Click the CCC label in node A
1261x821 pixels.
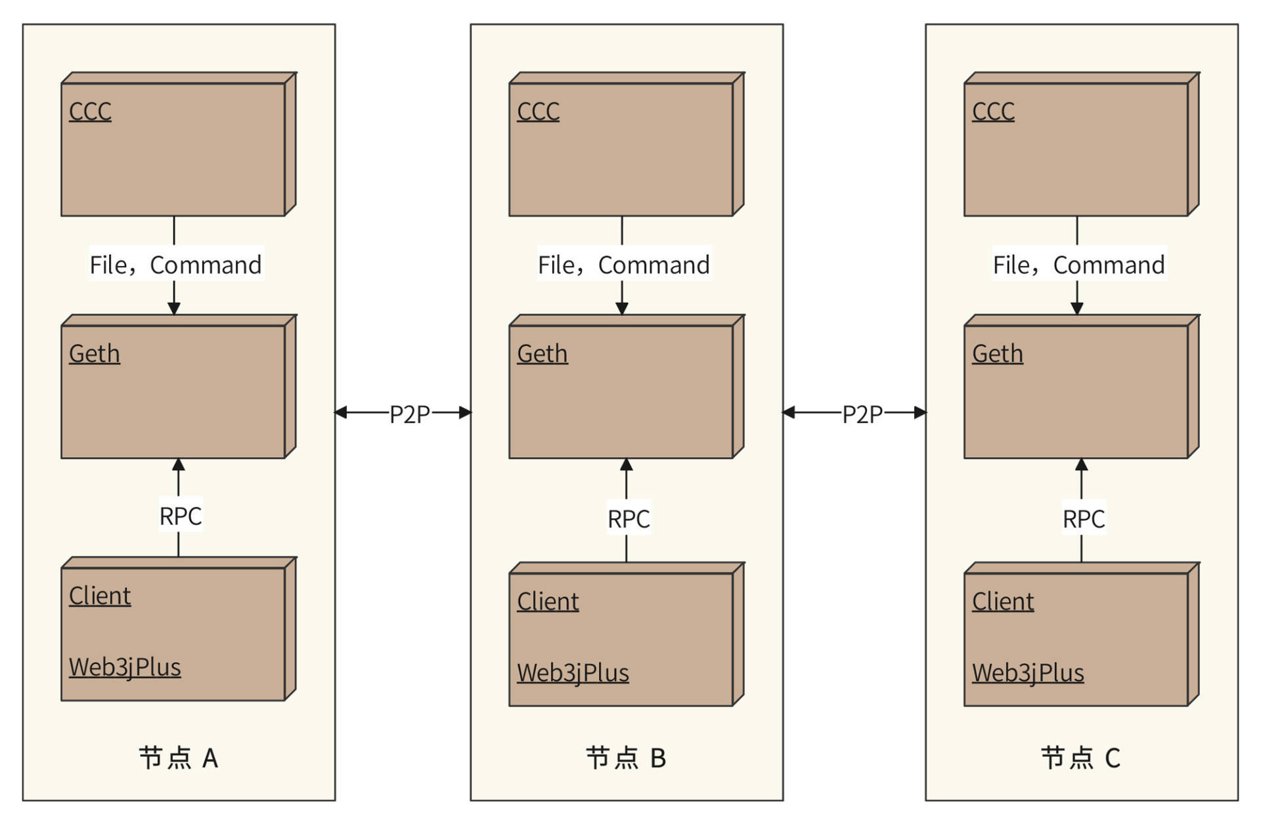pyautogui.click(x=90, y=111)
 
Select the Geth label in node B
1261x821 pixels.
pyautogui.click(x=542, y=353)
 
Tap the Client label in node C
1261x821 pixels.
pyautogui.click(x=1002, y=601)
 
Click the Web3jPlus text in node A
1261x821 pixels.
pyautogui.click(x=125, y=667)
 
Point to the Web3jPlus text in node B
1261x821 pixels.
pyautogui.click(x=573, y=673)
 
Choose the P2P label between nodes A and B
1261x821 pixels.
pyautogui.click(x=409, y=414)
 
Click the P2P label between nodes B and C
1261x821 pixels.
pyautogui.click(x=862, y=414)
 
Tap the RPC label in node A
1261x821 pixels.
pyautogui.click(x=181, y=516)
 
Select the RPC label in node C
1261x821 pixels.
pyautogui.click(x=1084, y=519)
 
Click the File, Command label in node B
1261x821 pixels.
pyautogui.click(x=623, y=265)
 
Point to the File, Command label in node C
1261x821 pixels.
pyautogui.click(x=1078, y=265)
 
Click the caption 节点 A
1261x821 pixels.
pyautogui.click(x=178, y=758)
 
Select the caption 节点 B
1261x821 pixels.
pyautogui.click(x=626, y=758)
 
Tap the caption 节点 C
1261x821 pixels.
pyautogui.click(x=1080, y=758)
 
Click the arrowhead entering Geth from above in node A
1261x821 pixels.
pyautogui.click(x=174, y=308)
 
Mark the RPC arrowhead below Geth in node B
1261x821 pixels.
pyautogui.click(x=627, y=465)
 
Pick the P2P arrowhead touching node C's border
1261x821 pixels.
pyautogui.click(x=919, y=412)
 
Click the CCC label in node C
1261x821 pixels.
pyautogui.click(x=993, y=111)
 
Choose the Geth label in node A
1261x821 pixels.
pyautogui.click(x=95, y=353)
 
